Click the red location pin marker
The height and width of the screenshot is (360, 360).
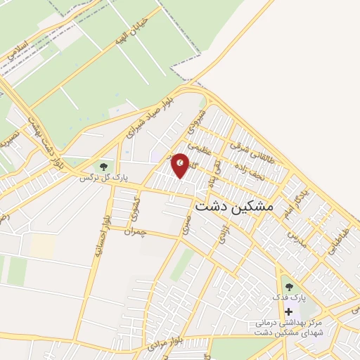tap(181, 165)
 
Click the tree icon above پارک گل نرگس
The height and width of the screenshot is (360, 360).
tap(104, 167)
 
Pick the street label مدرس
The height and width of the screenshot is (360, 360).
tap(297, 237)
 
